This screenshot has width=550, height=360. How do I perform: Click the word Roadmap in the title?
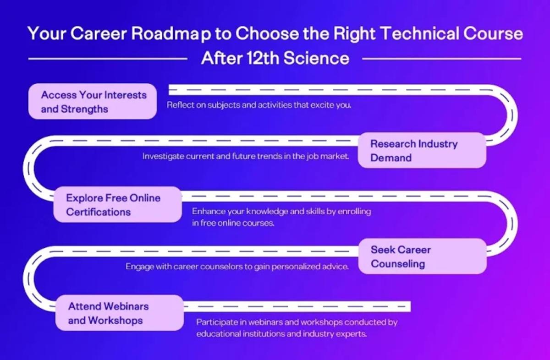click(x=171, y=33)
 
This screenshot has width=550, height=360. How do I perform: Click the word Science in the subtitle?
click(x=316, y=58)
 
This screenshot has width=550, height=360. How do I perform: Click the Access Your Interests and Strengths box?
click(x=93, y=101)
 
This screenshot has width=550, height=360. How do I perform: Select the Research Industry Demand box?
click(x=422, y=150)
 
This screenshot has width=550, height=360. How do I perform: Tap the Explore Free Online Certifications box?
click(x=118, y=204)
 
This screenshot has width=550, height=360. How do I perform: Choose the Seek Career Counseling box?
click(x=422, y=256)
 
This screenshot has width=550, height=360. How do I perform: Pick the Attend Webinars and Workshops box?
click(x=120, y=313)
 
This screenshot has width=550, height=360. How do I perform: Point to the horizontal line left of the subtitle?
click(x=108, y=59)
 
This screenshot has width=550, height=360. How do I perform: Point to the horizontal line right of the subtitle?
click(x=442, y=59)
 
